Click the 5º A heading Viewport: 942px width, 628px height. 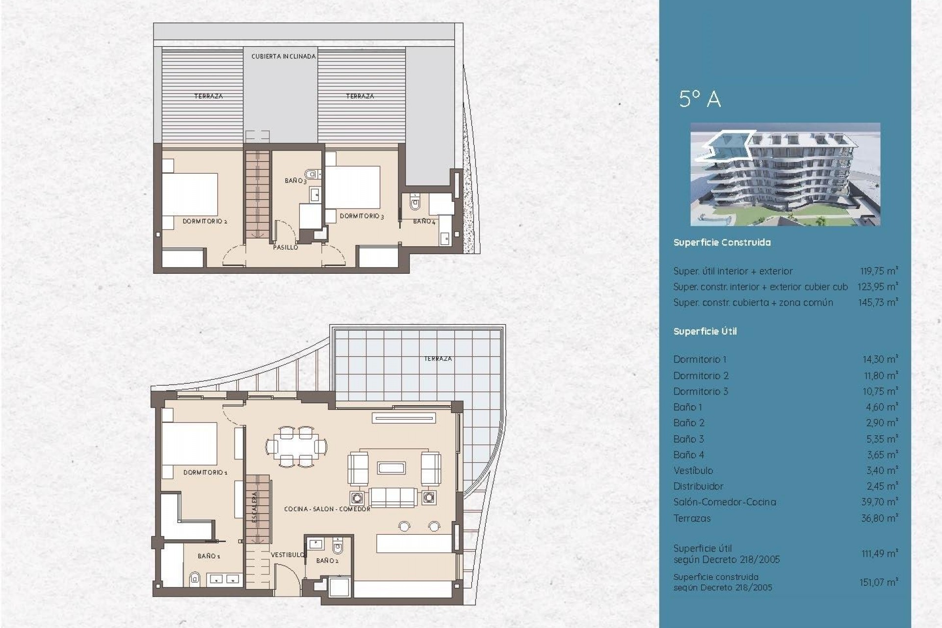click(700, 99)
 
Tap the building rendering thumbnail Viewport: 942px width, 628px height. click(785, 174)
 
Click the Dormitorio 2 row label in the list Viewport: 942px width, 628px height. click(701, 376)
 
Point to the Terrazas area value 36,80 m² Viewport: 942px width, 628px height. click(879, 518)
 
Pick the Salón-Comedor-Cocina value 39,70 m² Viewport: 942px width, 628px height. click(879, 502)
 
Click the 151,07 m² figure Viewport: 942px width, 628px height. click(878, 582)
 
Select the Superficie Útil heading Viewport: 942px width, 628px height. click(705, 332)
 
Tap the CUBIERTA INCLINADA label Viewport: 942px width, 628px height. click(284, 56)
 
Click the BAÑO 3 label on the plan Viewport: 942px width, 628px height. click(295, 181)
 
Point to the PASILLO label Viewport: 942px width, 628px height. click(285, 247)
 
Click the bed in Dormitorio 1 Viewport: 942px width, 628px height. click(190, 444)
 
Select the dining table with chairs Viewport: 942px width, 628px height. click(296, 447)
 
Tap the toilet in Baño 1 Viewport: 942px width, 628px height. click(194, 579)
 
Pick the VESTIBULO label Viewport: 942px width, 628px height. click(288, 555)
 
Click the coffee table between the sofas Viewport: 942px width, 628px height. click(391, 468)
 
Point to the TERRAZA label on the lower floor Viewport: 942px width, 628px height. click(438, 359)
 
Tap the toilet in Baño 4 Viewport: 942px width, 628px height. click(415, 203)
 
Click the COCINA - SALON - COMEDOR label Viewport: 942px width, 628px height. click(327, 509)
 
